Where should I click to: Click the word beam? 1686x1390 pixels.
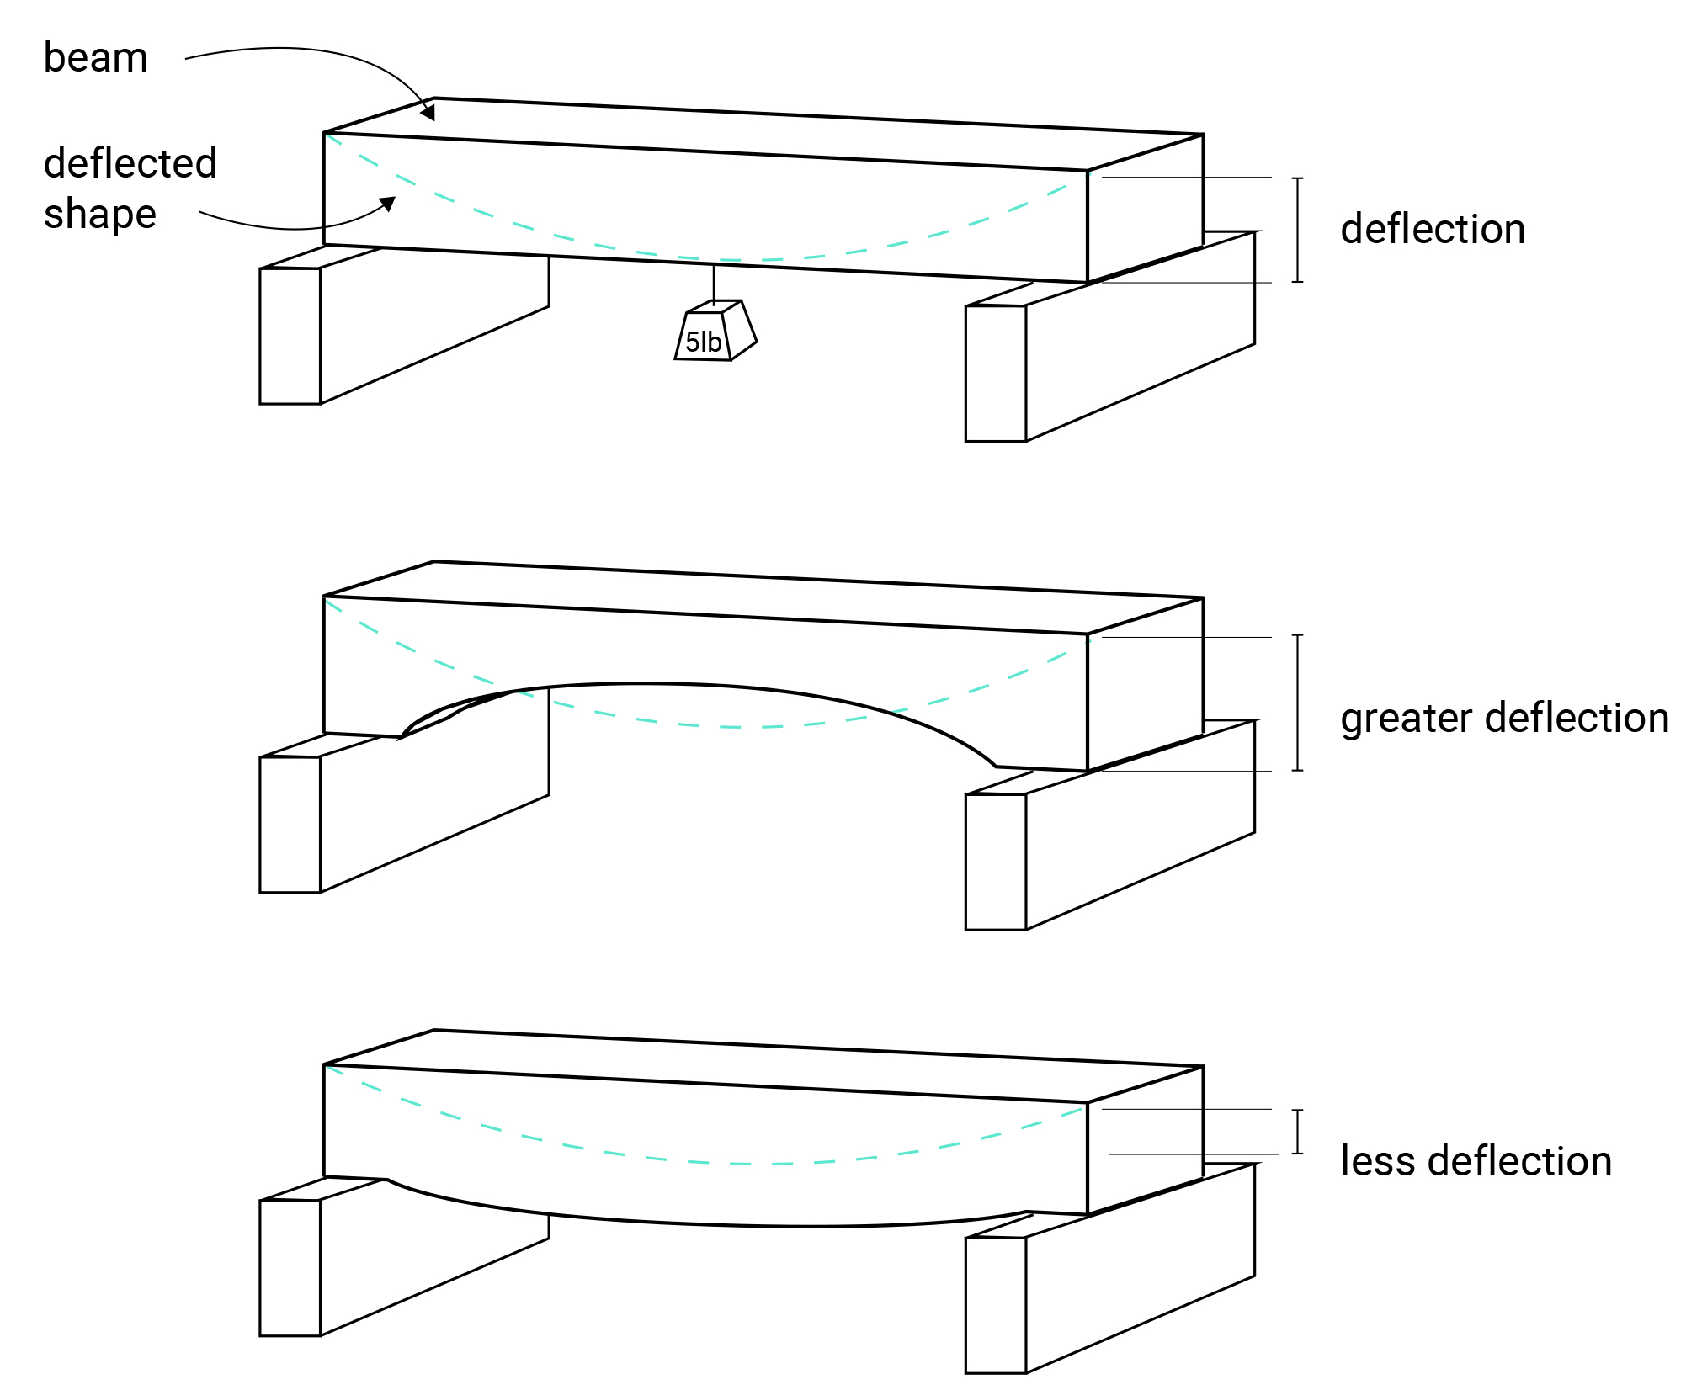pos(95,58)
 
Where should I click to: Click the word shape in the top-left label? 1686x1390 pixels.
pos(99,214)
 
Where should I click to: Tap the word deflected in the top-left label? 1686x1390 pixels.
pos(130,162)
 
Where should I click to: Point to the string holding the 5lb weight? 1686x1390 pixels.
pos(714,284)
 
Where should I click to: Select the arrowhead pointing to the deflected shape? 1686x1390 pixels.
pos(388,204)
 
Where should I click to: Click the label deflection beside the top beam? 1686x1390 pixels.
pos(1433,229)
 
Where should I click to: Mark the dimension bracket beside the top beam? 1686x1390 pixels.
pos(1297,229)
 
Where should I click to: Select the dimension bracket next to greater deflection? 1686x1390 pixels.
pos(1297,702)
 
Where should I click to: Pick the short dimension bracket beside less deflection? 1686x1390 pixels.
pos(1297,1131)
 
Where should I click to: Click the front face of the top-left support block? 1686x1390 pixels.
pos(290,336)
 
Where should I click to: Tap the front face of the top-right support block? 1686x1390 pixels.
pos(995,373)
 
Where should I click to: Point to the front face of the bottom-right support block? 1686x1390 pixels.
pos(995,1304)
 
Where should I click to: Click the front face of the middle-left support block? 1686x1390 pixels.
pos(290,824)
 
